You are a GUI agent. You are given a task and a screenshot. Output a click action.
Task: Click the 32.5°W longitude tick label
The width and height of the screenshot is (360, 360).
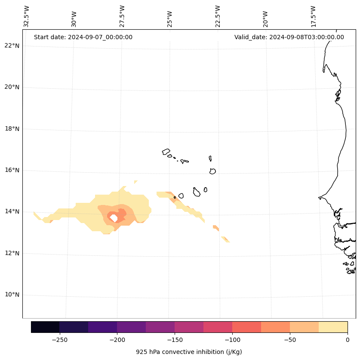pyautogui.click(x=27, y=16)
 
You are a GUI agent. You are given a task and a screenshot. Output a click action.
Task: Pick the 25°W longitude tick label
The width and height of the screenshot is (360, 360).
pyautogui.click(x=170, y=19)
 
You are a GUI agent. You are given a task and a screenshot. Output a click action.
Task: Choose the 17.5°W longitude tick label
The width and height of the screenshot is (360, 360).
pyautogui.click(x=314, y=16)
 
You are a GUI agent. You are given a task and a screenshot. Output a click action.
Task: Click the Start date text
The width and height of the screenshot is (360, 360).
pyautogui.click(x=83, y=37)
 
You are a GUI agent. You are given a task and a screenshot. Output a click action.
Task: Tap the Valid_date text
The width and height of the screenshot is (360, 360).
pyautogui.click(x=289, y=37)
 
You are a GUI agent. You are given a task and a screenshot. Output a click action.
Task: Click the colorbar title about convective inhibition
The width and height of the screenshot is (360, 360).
pyautogui.click(x=189, y=352)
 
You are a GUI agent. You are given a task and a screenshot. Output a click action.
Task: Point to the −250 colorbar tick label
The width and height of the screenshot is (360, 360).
pyautogui.click(x=59, y=340)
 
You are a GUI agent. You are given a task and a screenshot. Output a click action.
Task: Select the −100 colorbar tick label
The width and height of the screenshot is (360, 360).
pyautogui.click(x=232, y=340)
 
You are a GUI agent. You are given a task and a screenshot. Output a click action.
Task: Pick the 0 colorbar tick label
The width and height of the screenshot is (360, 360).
pyautogui.click(x=347, y=340)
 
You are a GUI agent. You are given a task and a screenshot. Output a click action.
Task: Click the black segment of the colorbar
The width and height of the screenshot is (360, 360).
pyautogui.click(x=45, y=327)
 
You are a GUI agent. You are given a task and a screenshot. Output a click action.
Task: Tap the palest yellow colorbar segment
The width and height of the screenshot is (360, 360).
pyautogui.click(x=333, y=327)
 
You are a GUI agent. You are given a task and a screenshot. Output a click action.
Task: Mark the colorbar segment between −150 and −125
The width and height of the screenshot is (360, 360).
pyautogui.click(x=189, y=327)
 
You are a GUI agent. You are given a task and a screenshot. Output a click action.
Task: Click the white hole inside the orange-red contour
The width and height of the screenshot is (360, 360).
pyautogui.click(x=114, y=218)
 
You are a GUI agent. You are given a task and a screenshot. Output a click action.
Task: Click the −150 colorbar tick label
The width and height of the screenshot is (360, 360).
pyautogui.click(x=175, y=340)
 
